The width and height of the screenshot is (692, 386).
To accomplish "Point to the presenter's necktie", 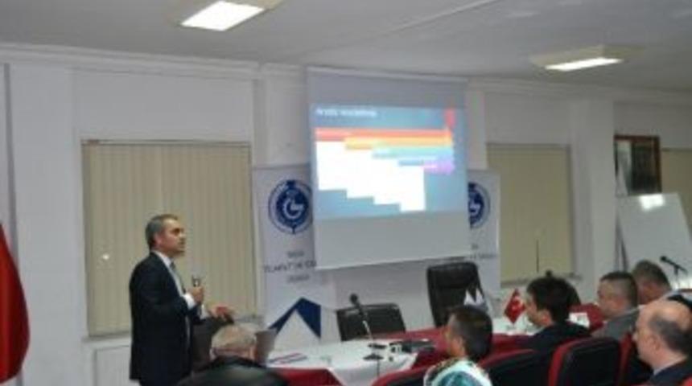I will (176, 277).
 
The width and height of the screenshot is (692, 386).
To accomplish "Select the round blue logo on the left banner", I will (289, 207).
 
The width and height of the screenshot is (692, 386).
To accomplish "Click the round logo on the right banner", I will (478, 204).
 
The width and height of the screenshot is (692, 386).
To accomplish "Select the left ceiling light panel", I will (222, 14).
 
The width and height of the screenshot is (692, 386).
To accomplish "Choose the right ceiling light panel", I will (583, 62).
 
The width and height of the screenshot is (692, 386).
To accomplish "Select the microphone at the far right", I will (672, 263).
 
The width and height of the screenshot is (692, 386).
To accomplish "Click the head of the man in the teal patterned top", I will (468, 331).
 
